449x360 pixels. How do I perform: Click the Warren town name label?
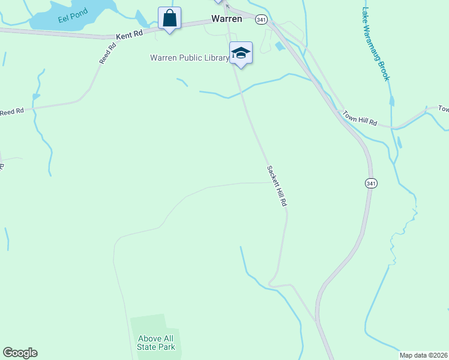[226, 19]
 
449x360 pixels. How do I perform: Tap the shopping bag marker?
[169, 19]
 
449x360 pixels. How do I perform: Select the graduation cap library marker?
[241, 53]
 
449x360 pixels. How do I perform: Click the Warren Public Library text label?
[189, 58]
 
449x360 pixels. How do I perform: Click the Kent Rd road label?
[130, 35]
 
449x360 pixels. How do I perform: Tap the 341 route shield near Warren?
[261, 20]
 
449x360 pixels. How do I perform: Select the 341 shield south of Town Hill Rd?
[371, 183]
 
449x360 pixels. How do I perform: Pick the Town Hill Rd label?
[360, 118]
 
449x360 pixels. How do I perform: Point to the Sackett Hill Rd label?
[277, 187]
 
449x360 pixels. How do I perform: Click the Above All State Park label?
[156, 343]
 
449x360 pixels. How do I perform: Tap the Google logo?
[20, 353]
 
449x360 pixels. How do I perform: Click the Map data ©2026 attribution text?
[423, 355]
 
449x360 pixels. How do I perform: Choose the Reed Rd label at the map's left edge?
[11, 112]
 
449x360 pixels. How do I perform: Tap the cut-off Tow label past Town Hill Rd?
[443, 109]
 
